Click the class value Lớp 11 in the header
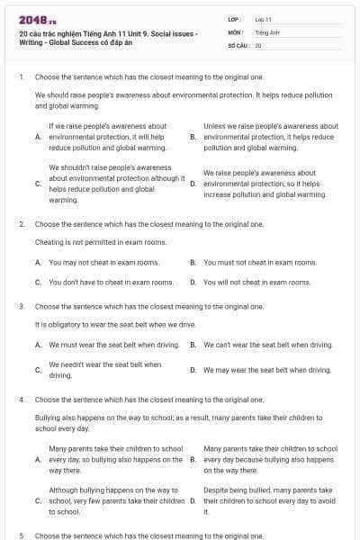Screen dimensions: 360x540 [x=264, y=19]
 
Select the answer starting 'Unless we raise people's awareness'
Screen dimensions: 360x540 [x=271, y=137]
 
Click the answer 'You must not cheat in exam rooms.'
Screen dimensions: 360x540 [x=260, y=262]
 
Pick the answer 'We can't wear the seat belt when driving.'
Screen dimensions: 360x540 [x=268, y=345]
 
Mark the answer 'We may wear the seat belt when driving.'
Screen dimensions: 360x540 [x=267, y=369]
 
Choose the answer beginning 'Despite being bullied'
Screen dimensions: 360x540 [x=270, y=500]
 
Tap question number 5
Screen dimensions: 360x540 [x=21, y=535]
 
